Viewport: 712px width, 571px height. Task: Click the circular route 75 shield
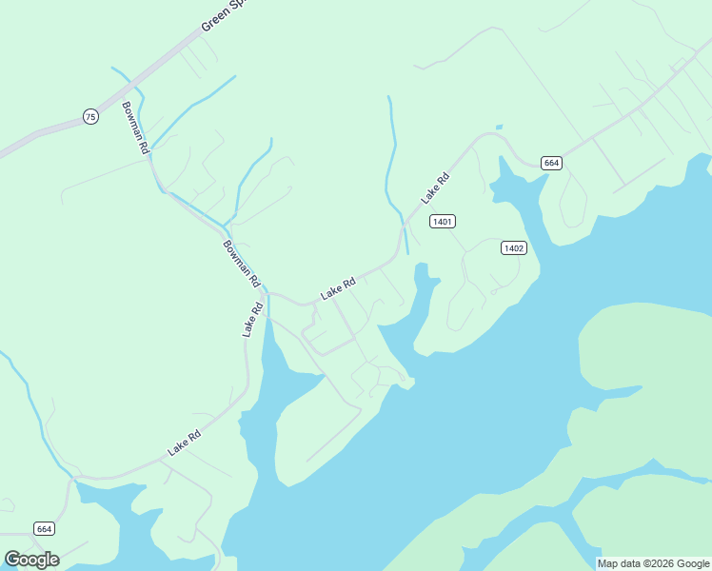[89, 116]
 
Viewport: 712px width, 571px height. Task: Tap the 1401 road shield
[442, 222]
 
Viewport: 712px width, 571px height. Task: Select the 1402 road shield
[513, 248]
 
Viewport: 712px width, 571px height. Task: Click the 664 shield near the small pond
[551, 164]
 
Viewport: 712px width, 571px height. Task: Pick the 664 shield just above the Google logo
[44, 528]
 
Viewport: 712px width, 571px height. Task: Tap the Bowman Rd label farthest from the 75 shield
[241, 264]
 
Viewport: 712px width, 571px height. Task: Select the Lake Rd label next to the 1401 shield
[435, 187]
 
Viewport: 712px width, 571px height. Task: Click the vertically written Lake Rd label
[251, 320]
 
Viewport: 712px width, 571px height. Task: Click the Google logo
[31, 560]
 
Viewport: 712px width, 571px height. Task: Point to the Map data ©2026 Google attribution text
[653, 563]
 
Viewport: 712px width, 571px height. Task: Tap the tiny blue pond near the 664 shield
[499, 127]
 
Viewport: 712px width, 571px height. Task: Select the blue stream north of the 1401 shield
[391, 152]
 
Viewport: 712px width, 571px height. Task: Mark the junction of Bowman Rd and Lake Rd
[267, 292]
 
